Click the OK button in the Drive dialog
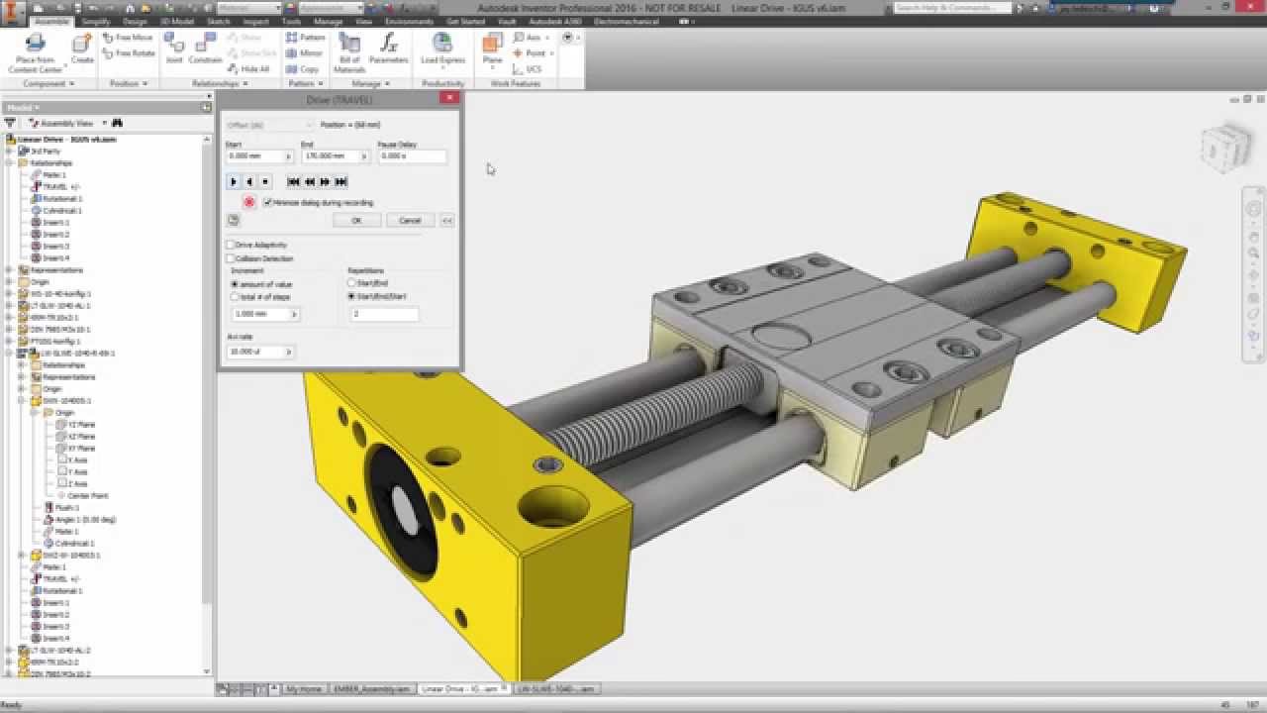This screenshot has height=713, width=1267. coord(356,221)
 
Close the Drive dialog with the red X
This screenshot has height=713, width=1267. coord(449,98)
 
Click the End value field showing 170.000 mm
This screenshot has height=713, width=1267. coord(331,156)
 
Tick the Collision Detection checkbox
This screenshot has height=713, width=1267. coord(231,258)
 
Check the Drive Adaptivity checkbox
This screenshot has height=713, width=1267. coord(231,245)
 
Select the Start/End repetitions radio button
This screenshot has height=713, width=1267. coord(351,283)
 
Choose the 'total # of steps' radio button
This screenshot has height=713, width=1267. coord(235,296)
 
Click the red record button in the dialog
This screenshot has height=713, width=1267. coord(249,202)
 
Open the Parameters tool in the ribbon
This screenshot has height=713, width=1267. coord(388,50)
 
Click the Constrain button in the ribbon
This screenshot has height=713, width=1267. coord(206,50)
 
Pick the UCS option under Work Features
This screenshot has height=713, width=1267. coord(533,69)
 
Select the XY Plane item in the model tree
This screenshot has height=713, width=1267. coord(81,449)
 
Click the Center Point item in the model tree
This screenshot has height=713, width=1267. coord(88,495)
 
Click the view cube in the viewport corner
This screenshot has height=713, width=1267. coord(1225,147)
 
